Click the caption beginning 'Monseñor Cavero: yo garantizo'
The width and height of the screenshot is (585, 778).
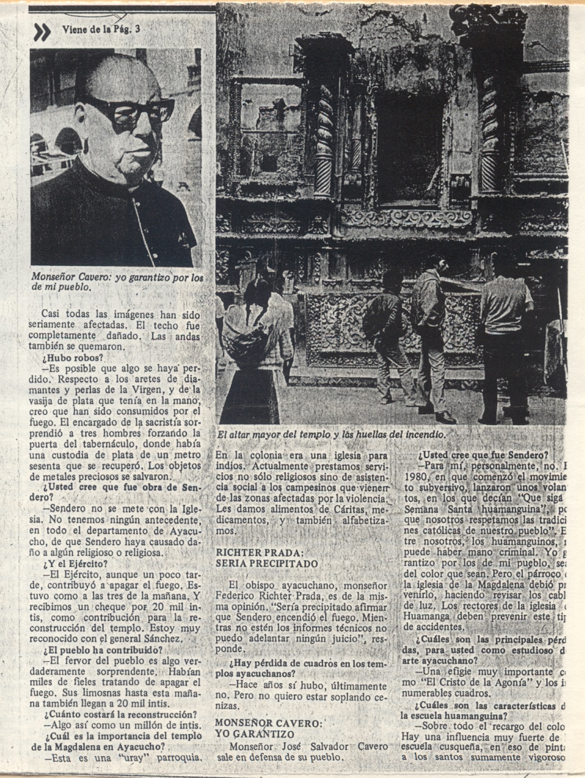(117, 282)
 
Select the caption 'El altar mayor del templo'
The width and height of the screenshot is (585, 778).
(331, 435)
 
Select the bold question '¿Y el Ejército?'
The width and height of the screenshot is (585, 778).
(75, 563)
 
